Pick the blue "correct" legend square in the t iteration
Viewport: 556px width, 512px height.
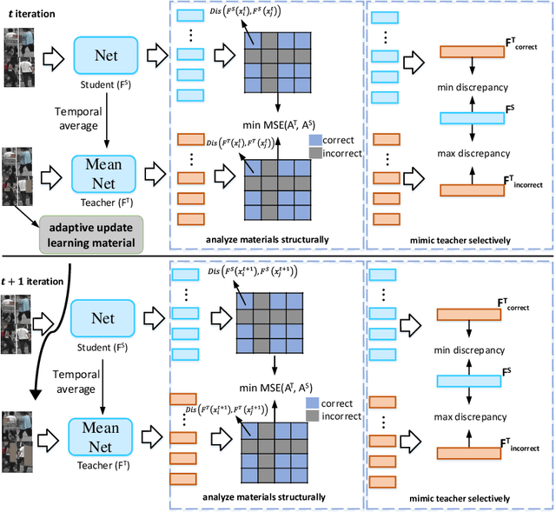[314, 138]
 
